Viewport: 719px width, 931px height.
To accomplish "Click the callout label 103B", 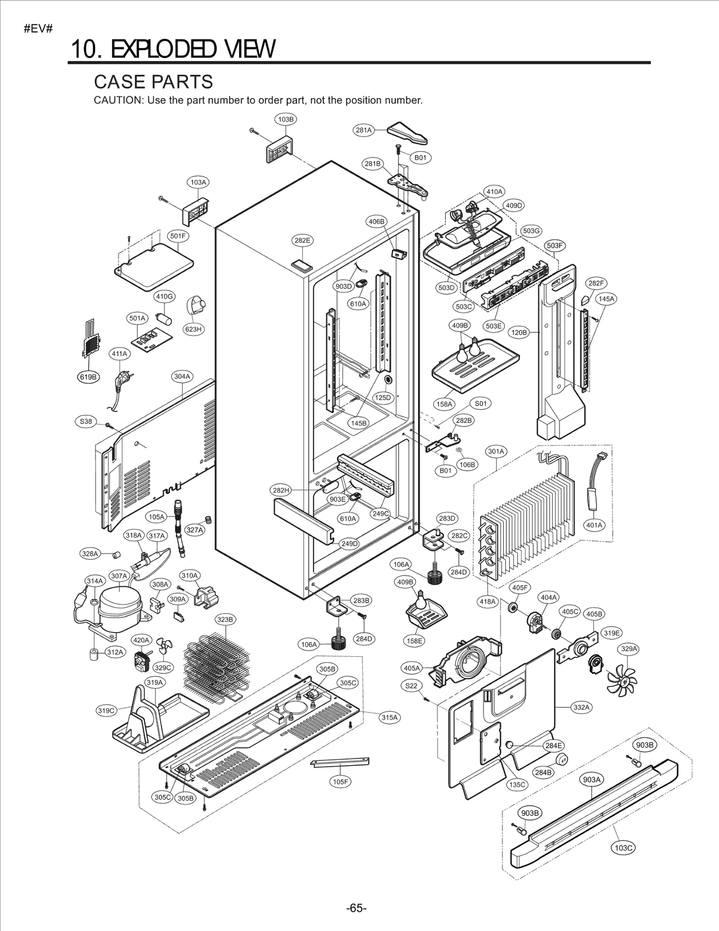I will tap(285, 120).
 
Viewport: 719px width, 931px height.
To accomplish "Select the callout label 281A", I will tap(364, 130).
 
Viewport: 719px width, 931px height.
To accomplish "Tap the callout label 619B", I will tap(88, 377).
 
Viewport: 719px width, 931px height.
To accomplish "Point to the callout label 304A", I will tap(182, 376).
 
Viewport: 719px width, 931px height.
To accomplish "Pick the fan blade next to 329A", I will tap(621, 682).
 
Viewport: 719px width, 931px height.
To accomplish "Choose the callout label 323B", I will tap(225, 619).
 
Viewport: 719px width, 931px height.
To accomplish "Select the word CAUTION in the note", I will tap(118, 100).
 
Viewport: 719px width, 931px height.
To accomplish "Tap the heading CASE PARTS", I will tap(153, 82).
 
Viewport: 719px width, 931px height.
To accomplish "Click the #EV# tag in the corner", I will tap(38, 29).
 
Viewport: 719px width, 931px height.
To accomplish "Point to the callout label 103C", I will tap(623, 848).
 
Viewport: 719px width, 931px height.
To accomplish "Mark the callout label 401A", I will tap(595, 525).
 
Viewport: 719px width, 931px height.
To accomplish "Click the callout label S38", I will tap(85, 421).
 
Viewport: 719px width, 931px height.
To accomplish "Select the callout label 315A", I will tap(390, 717).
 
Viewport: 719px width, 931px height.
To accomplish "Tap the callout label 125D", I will tap(383, 397).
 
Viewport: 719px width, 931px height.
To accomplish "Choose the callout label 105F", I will tap(340, 782).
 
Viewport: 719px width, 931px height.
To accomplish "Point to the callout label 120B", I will tap(519, 333).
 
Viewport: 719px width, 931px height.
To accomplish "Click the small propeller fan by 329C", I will tap(164, 647).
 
